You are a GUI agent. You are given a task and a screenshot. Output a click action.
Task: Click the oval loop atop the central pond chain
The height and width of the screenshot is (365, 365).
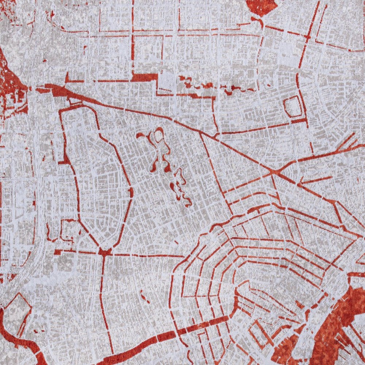pos(158,136)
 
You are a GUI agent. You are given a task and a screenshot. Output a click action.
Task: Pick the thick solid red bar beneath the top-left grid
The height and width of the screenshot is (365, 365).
pos(144,77)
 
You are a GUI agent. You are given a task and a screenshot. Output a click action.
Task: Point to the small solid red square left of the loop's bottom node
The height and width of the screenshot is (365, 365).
pos(57,252)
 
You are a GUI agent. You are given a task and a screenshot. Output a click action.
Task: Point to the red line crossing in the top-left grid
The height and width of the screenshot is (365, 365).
pos(132,35)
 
